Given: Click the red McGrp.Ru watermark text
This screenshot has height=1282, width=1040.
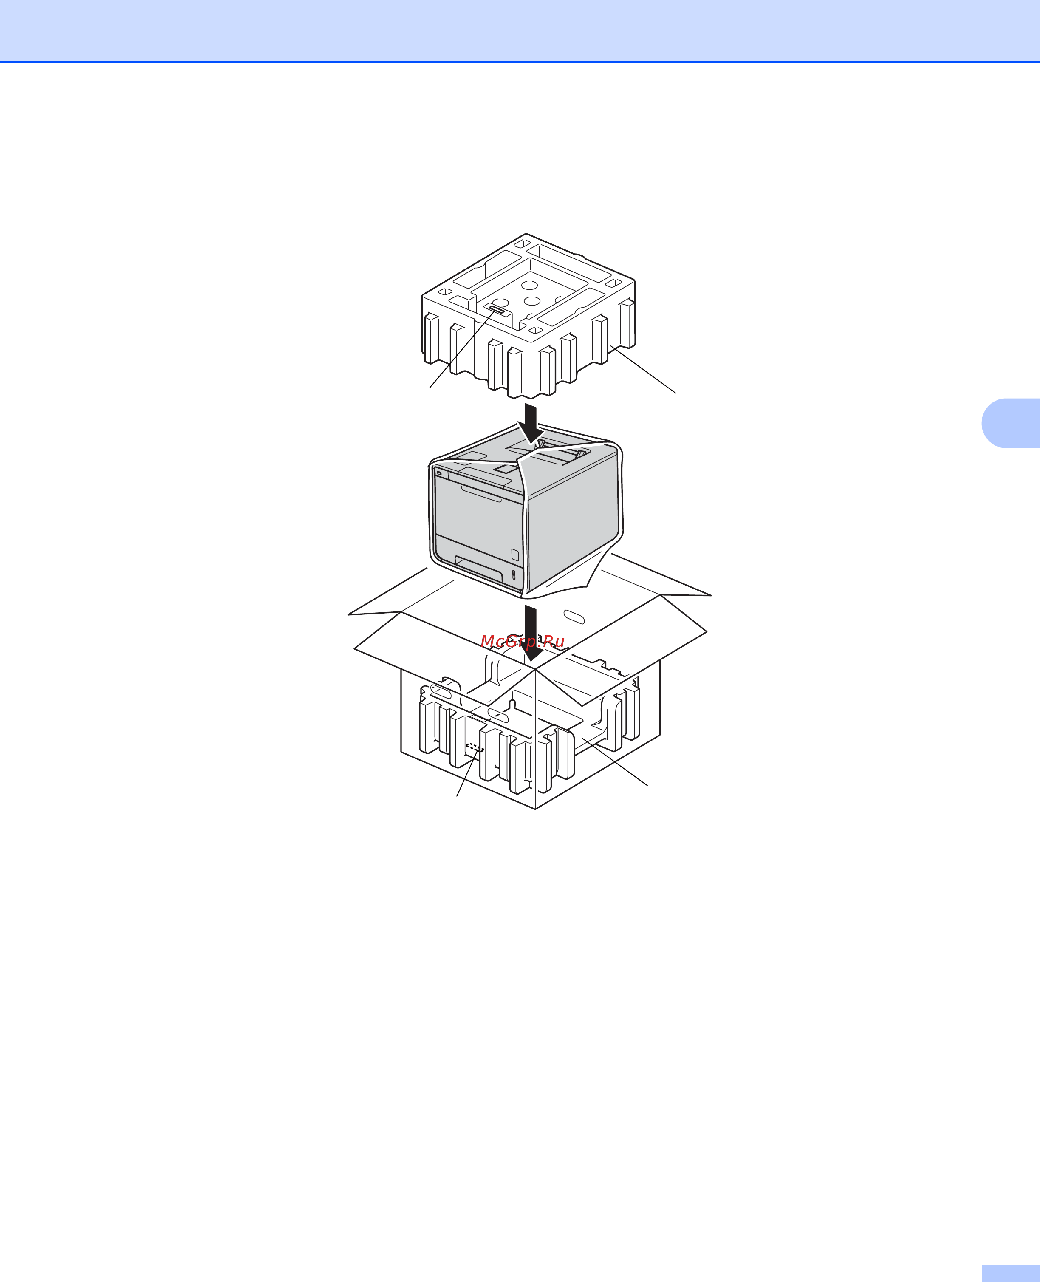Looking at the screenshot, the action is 523,642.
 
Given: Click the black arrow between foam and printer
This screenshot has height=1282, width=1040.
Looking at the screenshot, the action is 531,423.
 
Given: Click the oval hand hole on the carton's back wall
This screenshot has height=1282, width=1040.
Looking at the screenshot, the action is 574,617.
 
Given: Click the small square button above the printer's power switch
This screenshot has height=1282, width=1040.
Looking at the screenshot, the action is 514,554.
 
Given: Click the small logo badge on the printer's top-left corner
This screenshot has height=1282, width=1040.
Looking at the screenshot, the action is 441,474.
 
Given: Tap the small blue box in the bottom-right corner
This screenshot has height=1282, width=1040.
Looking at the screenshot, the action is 1011,1273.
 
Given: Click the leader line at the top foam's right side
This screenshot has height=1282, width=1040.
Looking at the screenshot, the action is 643,369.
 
